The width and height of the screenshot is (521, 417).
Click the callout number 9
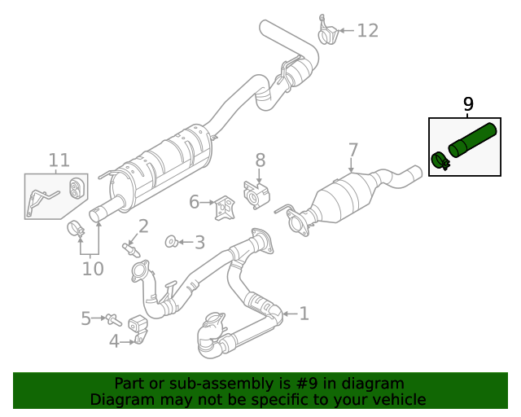(468, 103)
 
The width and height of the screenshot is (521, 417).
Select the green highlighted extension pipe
(473, 139)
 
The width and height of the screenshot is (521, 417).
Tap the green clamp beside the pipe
(440, 162)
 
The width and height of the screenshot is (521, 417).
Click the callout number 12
(368, 31)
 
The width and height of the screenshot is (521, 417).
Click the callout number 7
(352, 150)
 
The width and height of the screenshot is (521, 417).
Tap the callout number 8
(260, 160)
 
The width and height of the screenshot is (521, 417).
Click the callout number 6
(194, 201)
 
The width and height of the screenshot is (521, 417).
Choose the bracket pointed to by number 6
(222, 208)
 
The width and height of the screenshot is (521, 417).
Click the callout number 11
(59, 160)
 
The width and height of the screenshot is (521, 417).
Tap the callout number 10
(93, 268)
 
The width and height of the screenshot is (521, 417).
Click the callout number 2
(142, 226)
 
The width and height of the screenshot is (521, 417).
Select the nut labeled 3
(172, 241)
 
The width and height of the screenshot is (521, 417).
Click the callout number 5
(86, 318)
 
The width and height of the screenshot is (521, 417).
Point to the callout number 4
(114, 341)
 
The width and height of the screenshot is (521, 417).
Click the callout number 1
(304, 313)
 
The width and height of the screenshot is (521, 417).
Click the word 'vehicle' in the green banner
(397, 399)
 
